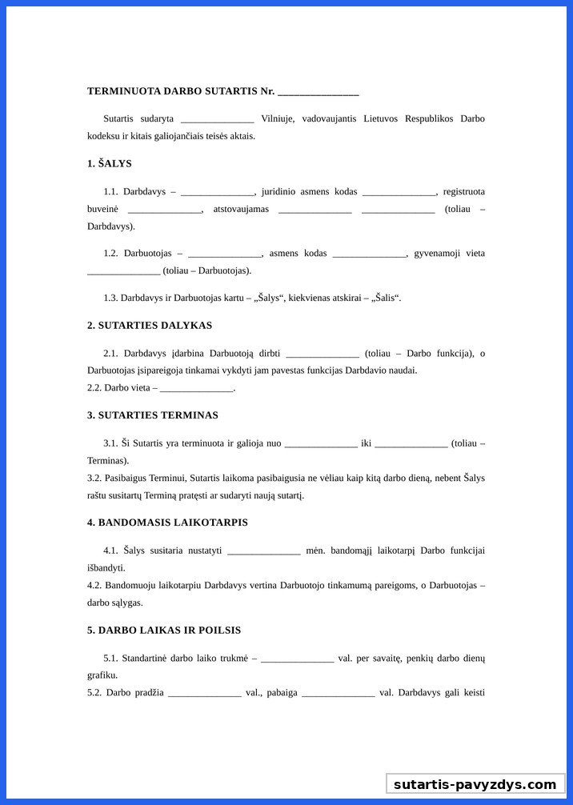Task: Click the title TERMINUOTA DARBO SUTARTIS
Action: pos(171,91)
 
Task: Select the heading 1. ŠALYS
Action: pos(110,163)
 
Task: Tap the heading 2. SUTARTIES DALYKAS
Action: pos(150,325)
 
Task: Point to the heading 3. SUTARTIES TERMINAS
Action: pos(152,415)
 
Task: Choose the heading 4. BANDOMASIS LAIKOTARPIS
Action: pos(167,522)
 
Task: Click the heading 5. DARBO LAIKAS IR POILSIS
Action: pos(164,630)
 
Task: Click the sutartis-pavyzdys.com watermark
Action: pos(475,784)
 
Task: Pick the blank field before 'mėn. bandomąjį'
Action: pos(264,551)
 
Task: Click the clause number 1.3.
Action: pos(110,298)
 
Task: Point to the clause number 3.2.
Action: pos(94,478)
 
